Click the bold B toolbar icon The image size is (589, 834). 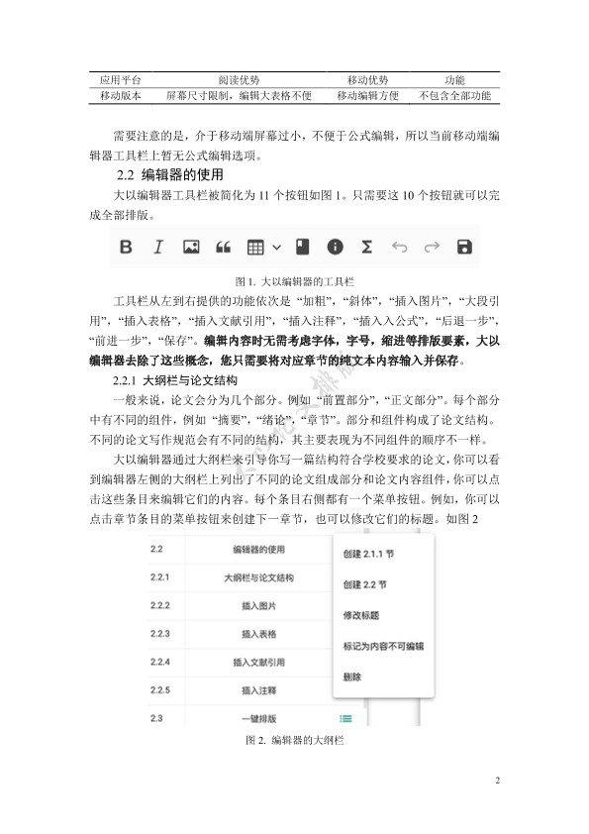tap(126, 247)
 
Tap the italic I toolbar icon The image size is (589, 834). tap(157, 247)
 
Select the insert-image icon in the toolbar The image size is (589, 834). tap(191, 247)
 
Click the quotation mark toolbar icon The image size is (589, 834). tap(224, 247)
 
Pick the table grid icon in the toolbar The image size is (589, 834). tap(256, 247)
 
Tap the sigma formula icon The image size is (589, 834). tap(366, 247)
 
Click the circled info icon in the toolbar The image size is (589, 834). tap(336, 247)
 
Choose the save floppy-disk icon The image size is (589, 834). tap(463, 247)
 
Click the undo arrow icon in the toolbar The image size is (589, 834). tap(399, 247)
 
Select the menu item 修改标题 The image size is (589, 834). tap(360, 615)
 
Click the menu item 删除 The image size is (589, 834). tap(352, 678)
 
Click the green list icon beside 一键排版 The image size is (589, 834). tap(345, 717)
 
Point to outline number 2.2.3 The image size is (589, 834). tap(160, 633)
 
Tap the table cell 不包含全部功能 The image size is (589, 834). tap(454, 96)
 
